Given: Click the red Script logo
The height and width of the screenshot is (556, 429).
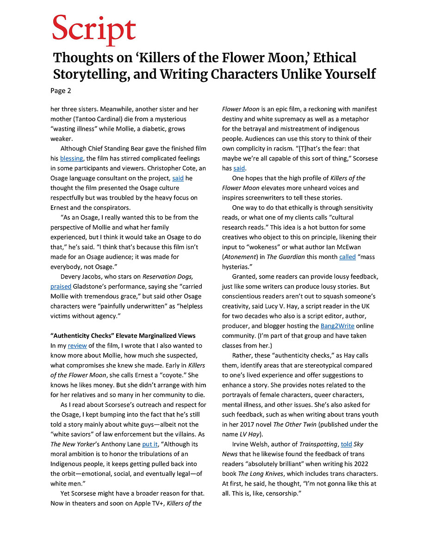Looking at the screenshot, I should [94, 30].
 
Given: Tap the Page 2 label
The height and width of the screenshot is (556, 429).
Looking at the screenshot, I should [61, 91].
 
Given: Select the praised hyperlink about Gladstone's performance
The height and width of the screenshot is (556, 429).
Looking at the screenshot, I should [61, 286].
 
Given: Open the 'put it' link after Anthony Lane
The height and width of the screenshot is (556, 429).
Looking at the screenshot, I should [150, 444].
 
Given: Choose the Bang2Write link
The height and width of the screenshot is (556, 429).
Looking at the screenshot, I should [337, 326].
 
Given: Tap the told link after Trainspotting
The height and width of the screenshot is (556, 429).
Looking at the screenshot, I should [346, 444].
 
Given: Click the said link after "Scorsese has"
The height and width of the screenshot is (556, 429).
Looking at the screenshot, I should [239, 168].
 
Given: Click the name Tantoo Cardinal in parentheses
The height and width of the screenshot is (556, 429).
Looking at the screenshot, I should [93, 119].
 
